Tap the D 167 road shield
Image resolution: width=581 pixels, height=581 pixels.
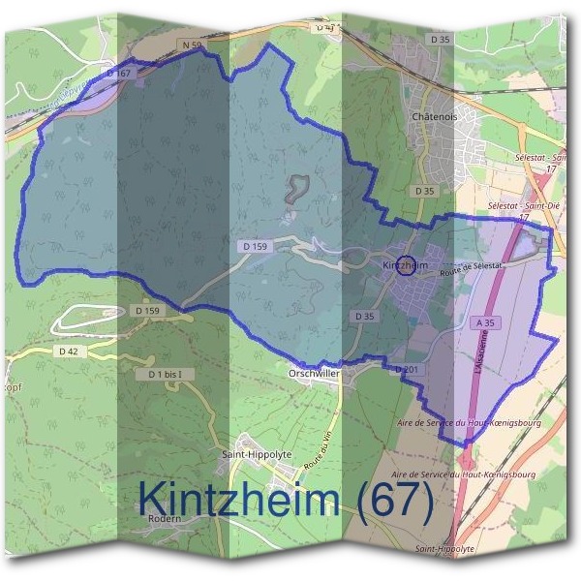[x=118, y=73]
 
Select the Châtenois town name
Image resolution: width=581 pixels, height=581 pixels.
[x=434, y=115]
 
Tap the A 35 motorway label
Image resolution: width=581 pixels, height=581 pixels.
[x=485, y=322]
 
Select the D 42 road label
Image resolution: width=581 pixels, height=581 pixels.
[x=68, y=352]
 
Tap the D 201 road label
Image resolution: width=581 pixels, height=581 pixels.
[x=406, y=369]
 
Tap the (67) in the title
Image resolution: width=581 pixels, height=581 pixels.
[x=392, y=499]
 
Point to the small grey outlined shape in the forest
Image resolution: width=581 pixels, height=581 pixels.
[x=295, y=188]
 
